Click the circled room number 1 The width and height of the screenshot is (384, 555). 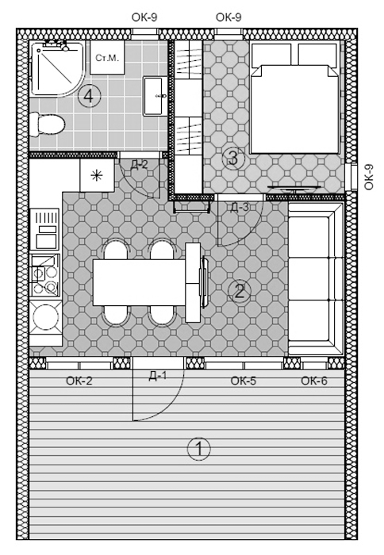(198, 449)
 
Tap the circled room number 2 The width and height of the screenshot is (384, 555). (240, 292)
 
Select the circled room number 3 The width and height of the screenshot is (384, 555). (233, 158)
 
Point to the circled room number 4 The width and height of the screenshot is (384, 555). (90, 96)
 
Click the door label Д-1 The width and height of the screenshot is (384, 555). (158, 376)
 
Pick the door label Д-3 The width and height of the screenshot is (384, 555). (240, 208)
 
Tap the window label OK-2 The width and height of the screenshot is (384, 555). (79, 381)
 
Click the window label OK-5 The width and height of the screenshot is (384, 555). (244, 381)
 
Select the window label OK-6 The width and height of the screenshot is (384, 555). (314, 381)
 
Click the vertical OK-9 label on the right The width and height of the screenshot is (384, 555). (369, 177)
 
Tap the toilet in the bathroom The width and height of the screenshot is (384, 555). (47, 124)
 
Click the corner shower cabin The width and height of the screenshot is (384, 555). (57, 69)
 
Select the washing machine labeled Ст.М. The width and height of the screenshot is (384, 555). (107, 57)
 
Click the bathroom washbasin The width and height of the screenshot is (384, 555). (156, 96)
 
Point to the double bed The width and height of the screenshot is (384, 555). (294, 98)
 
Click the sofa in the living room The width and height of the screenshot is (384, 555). (316, 279)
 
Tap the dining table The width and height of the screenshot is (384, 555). (139, 282)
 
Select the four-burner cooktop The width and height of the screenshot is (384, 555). (44, 275)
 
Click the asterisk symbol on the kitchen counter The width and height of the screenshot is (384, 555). (97, 175)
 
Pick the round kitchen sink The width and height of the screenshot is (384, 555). (46, 317)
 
